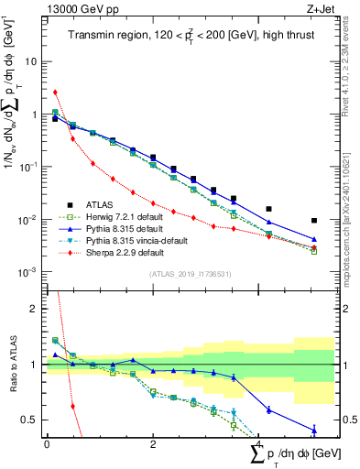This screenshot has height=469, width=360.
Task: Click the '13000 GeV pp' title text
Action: coord(79,7)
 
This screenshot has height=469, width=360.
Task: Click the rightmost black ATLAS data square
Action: coord(313,221)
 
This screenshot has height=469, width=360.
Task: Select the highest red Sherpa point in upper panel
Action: coord(56,92)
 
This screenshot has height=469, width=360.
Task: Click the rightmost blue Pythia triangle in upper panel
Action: coord(313,240)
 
